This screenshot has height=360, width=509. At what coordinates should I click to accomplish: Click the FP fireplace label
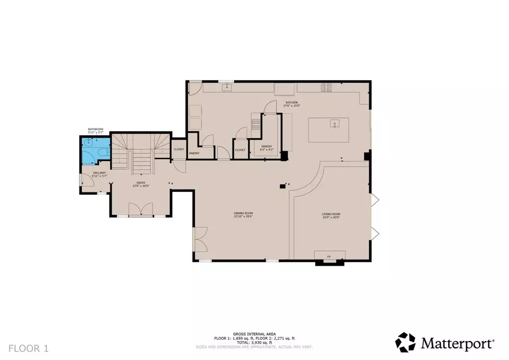click(329, 257)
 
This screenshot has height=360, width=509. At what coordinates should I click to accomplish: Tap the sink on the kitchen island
click(336, 124)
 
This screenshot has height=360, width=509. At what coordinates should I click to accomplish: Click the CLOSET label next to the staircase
click(178, 149)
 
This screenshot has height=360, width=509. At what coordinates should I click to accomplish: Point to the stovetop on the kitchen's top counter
click(326, 88)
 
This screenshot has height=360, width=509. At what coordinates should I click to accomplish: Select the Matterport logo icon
click(406, 342)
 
